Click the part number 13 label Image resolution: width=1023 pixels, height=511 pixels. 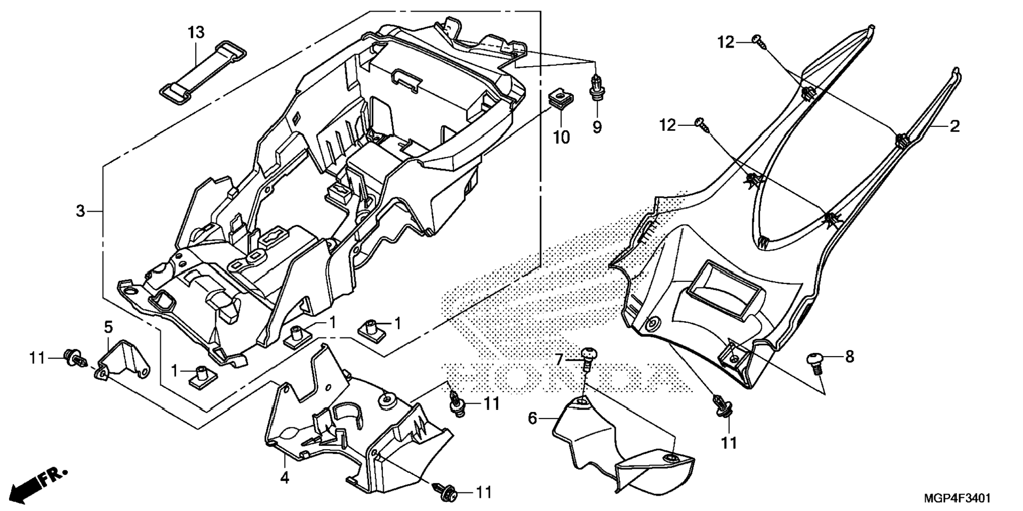point(196,33)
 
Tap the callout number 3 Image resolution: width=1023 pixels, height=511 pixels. point(80,212)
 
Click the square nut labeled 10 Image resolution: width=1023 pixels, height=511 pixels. point(556,98)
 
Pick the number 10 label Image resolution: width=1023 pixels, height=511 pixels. point(561,138)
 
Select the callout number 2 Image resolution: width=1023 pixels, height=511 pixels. point(954,126)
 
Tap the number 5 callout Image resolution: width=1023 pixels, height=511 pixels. point(108,327)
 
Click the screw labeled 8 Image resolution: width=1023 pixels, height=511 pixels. point(816,362)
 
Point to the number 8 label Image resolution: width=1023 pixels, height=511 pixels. point(850,357)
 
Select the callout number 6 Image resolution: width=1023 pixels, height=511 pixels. point(533,419)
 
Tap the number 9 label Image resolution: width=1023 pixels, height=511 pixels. point(597,127)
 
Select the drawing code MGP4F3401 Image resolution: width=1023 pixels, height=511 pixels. point(957,498)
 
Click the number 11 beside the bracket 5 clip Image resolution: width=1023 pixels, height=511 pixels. point(37,359)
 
